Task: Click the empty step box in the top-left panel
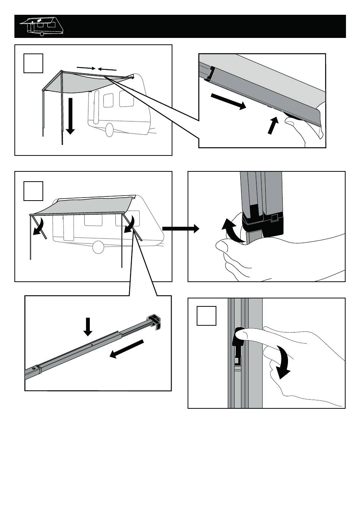pos(33,63)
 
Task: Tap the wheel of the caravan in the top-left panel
pos(109,130)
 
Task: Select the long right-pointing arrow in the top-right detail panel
pos(228,102)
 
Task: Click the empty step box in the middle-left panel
pos(33,191)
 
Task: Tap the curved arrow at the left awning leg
pos(38,226)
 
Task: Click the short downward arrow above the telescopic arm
pos(88,326)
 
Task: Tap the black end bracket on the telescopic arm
pos(154,321)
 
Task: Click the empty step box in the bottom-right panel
pos(207,316)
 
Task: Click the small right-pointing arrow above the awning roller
pos(86,68)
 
